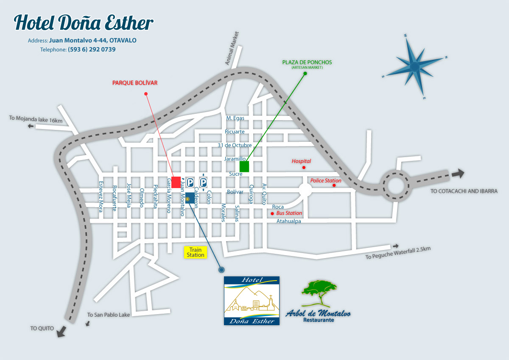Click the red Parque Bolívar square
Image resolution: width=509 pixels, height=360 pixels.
[176, 182]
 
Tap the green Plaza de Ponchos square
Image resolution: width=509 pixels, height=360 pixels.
[244, 166]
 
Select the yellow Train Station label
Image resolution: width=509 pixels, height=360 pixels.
[196, 252]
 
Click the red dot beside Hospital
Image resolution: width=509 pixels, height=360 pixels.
[304, 168]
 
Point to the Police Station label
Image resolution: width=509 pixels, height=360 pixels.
[326, 180]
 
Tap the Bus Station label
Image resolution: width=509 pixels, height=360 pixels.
[289, 213]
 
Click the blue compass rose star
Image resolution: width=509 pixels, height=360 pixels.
[414, 66]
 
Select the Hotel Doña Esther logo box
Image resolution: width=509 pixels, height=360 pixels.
[252, 301]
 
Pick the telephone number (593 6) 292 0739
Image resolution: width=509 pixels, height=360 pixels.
[92, 49]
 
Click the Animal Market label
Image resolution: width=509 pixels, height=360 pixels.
[232, 49]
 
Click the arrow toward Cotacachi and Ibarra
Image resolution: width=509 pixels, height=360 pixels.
[457, 173]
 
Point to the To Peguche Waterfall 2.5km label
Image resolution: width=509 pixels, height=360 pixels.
[398, 253]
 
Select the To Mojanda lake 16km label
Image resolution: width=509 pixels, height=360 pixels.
[36, 119]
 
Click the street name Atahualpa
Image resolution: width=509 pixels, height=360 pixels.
[289, 221]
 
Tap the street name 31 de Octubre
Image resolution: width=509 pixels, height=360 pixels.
[235, 145]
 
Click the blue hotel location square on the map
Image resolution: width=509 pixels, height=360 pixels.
[190, 197]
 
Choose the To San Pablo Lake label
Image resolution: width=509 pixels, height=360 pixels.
[109, 315]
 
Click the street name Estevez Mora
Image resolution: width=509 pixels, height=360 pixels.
[101, 196]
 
